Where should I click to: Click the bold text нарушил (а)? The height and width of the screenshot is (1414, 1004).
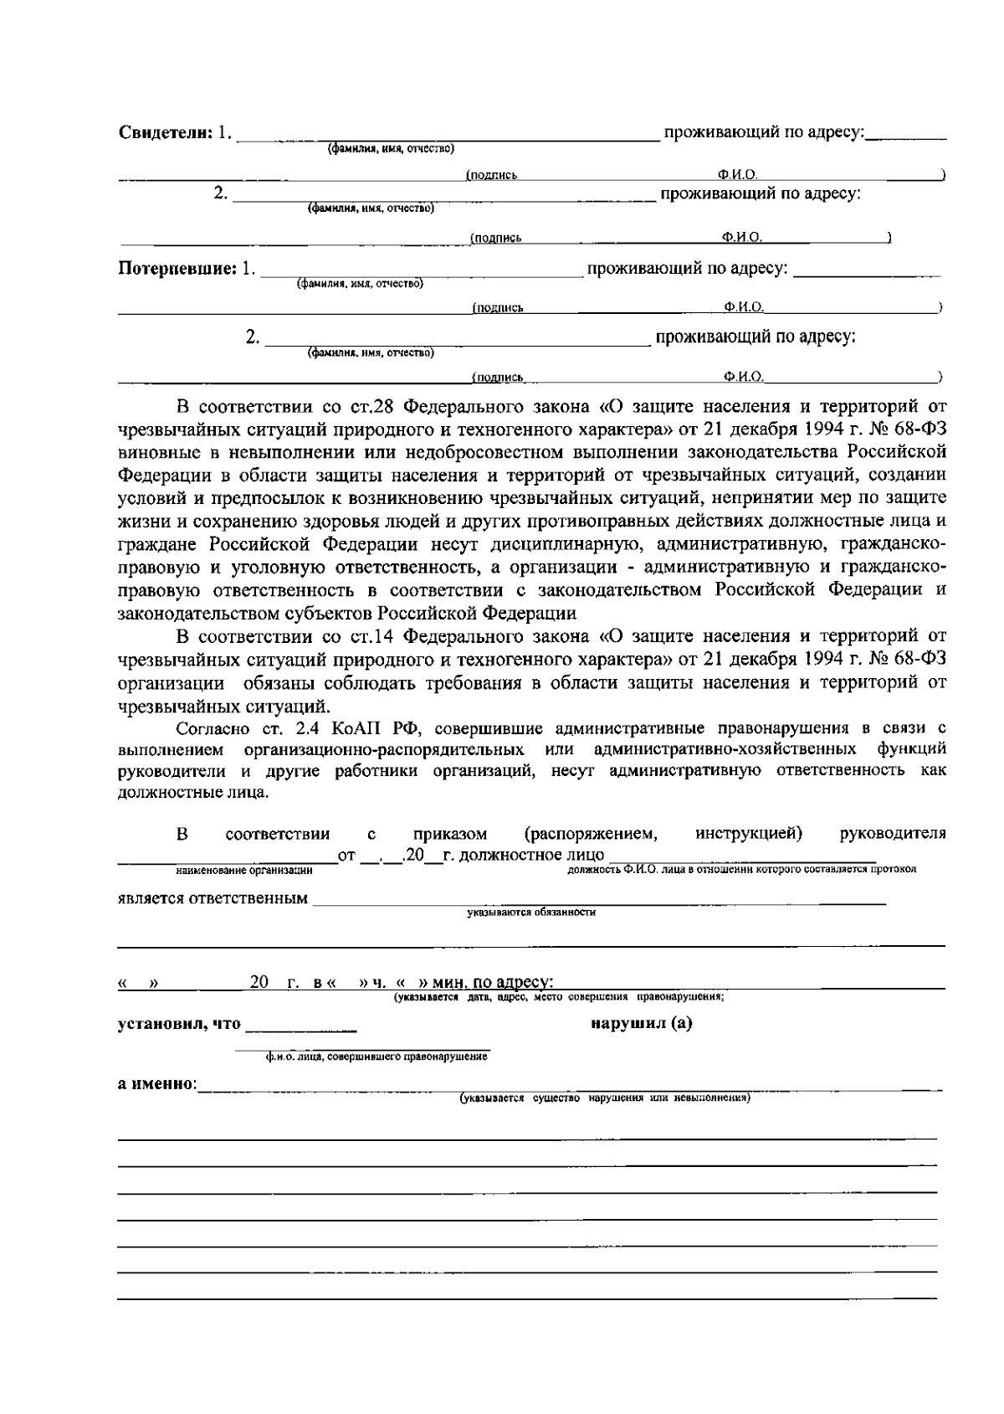pyautogui.click(x=641, y=1024)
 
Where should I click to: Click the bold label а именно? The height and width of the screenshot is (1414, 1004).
pyautogui.click(x=156, y=1085)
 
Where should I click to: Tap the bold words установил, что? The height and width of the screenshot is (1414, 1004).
pyautogui.click(x=179, y=1024)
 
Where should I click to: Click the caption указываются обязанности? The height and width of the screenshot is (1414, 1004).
pyautogui.click(x=531, y=913)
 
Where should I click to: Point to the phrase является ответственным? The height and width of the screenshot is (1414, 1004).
pyautogui.click(x=212, y=898)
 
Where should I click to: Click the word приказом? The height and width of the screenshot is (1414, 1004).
pyautogui.click(x=449, y=834)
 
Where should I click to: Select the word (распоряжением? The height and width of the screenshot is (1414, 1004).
pyautogui.click(x=590, y=834)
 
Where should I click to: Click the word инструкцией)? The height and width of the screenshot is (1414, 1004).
pyautogui.click(x=749, y=834)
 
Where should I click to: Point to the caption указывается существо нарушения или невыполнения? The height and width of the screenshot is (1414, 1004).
pyautogui.click(x=605, y=1098)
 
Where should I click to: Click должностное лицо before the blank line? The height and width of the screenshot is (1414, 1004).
pyautogui.click(x=527, y=856)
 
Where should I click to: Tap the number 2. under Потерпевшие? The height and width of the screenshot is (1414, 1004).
pyautogui.click(x=253, y=337)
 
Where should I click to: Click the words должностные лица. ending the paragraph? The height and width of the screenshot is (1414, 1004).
pyautogui.click(x=193, y=792)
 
